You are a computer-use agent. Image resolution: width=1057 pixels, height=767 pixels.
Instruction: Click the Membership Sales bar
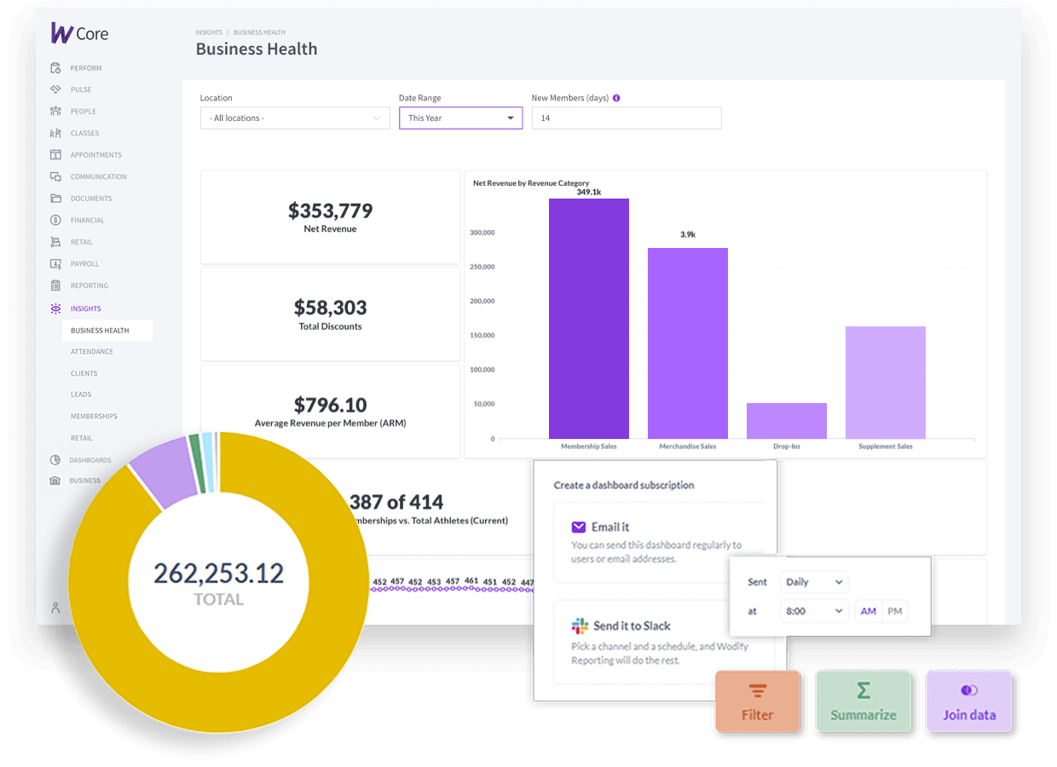588,319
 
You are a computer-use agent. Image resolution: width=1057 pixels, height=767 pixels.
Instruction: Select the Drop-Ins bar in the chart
786,421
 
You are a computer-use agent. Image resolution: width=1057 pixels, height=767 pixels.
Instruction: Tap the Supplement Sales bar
885,383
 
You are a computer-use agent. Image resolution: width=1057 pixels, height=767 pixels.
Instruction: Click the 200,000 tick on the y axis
482,301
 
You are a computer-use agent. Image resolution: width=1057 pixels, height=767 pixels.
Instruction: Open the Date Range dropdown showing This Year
460,118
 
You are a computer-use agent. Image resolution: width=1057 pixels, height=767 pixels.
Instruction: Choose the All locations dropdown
294,118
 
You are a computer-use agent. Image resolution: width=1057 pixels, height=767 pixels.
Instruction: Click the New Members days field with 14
626,118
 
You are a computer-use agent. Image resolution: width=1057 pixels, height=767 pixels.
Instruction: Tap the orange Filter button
757,701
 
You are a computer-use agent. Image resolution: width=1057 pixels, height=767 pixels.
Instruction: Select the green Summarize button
863,701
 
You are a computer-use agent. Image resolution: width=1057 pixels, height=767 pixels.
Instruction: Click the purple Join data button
968,701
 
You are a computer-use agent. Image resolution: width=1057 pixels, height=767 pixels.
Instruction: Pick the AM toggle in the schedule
868,611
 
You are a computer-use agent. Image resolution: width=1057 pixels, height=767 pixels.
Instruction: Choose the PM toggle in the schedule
894,611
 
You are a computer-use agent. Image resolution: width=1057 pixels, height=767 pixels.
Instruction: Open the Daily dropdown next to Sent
814,582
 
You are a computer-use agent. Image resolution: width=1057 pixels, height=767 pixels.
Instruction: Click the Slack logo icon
580,626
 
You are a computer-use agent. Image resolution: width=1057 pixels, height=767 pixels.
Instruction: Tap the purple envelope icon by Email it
579,527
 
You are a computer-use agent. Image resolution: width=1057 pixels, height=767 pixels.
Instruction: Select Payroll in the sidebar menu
84,264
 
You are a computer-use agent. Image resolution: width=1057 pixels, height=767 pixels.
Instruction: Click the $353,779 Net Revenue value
330,210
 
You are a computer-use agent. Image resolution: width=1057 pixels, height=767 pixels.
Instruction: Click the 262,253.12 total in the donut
218,574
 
